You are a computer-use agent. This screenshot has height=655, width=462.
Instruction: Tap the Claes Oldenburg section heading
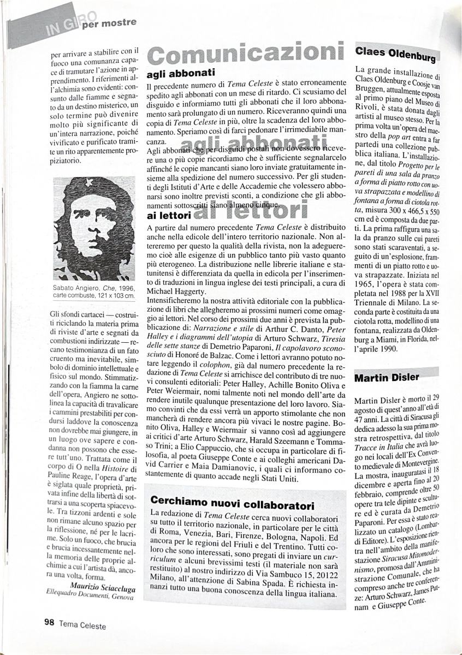pyautogui.click(x=395, y=53)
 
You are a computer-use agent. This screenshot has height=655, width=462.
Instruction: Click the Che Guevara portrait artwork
pyautogui.click(x=94, y=228)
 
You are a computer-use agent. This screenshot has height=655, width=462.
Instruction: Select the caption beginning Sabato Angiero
pyautogui.click(x=94, y=291)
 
